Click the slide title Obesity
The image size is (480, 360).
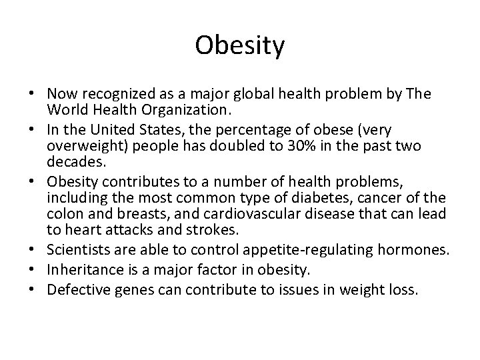[240, 46]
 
